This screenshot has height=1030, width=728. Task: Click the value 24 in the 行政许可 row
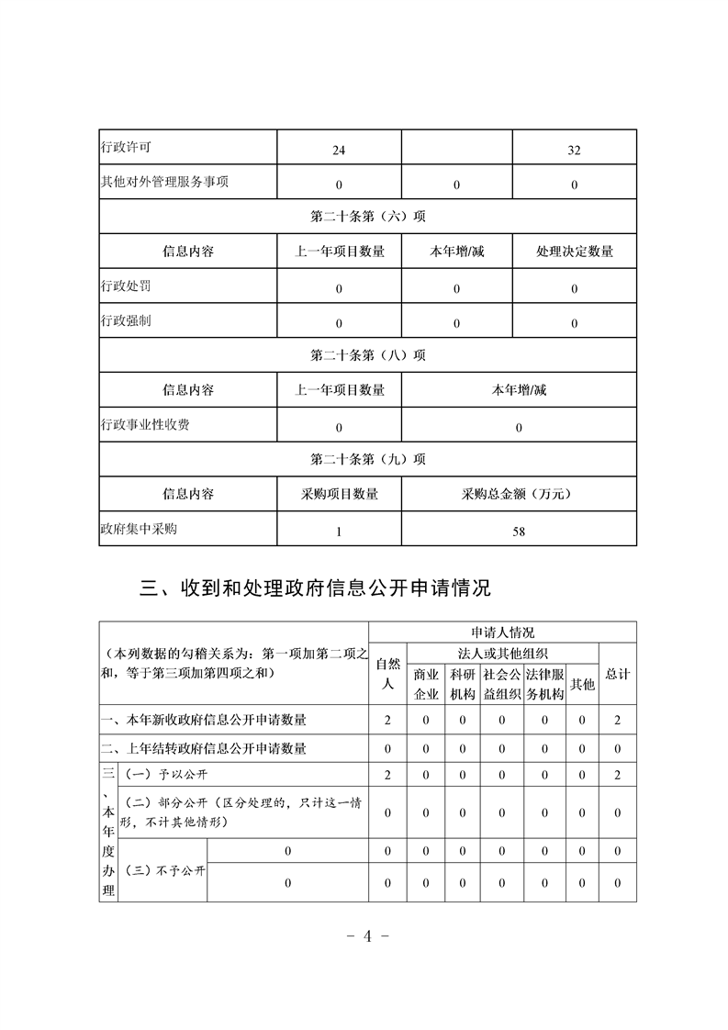tap(339, 151)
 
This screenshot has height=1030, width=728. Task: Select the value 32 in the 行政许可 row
tap(574, 151)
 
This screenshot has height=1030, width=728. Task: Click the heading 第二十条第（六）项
tap(367, 217)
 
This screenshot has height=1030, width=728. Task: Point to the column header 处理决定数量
tap(574, 251)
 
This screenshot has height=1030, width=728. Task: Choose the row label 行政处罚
tap(126, 286)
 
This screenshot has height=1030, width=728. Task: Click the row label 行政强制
tap(126, 321)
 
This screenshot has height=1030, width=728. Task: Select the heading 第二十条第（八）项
tap(367, 355)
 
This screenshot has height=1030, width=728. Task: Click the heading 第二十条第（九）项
tap(367, 459)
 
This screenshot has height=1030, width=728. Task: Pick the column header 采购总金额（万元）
tap(519, 494)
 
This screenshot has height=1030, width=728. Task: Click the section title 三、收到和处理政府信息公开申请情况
tap(315, 587)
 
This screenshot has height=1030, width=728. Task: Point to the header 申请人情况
tap(502, 633)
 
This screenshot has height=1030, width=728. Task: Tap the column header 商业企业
tap(426, 685)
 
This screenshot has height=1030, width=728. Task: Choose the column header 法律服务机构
tap(544, 685)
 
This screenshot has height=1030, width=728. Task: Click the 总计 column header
tap(618, 675)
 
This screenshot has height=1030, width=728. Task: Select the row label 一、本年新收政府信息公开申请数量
tap(204, 720)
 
